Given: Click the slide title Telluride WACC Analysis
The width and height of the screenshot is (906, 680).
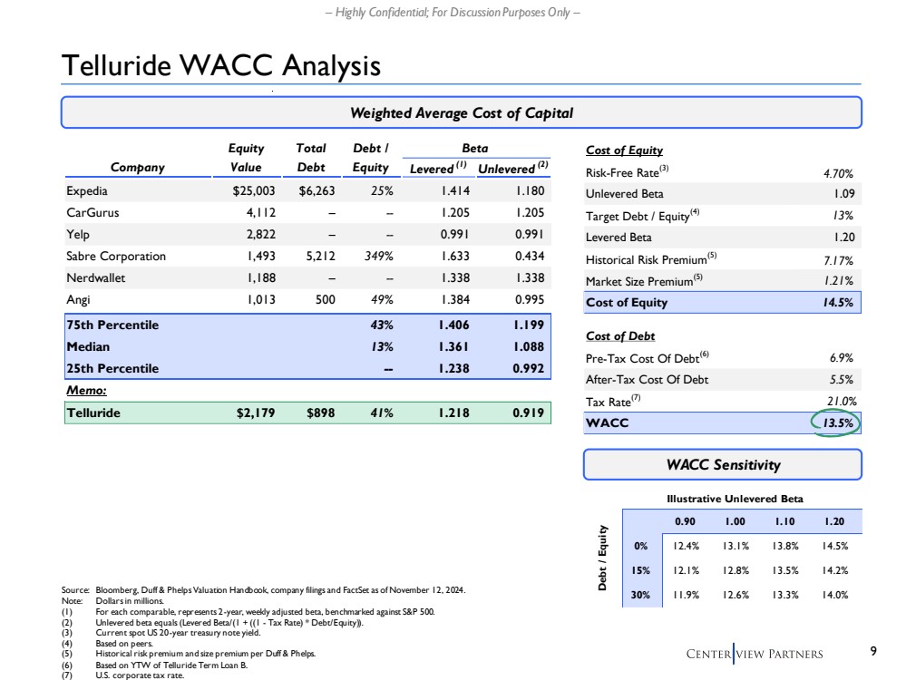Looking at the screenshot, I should [220, 65].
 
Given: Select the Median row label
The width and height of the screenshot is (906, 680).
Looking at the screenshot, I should [89, 345].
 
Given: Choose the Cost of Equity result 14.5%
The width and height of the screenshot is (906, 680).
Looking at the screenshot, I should [834, 303].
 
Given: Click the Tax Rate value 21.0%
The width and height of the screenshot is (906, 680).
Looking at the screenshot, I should [834, 402].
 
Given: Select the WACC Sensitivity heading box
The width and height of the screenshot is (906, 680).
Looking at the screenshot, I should [722, 464].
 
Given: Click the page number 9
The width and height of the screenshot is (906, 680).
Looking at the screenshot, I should [872, 651].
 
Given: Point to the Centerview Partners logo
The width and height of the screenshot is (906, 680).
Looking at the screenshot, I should [755, 653].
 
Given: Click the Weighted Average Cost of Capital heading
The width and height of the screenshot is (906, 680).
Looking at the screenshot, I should [461, 113].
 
